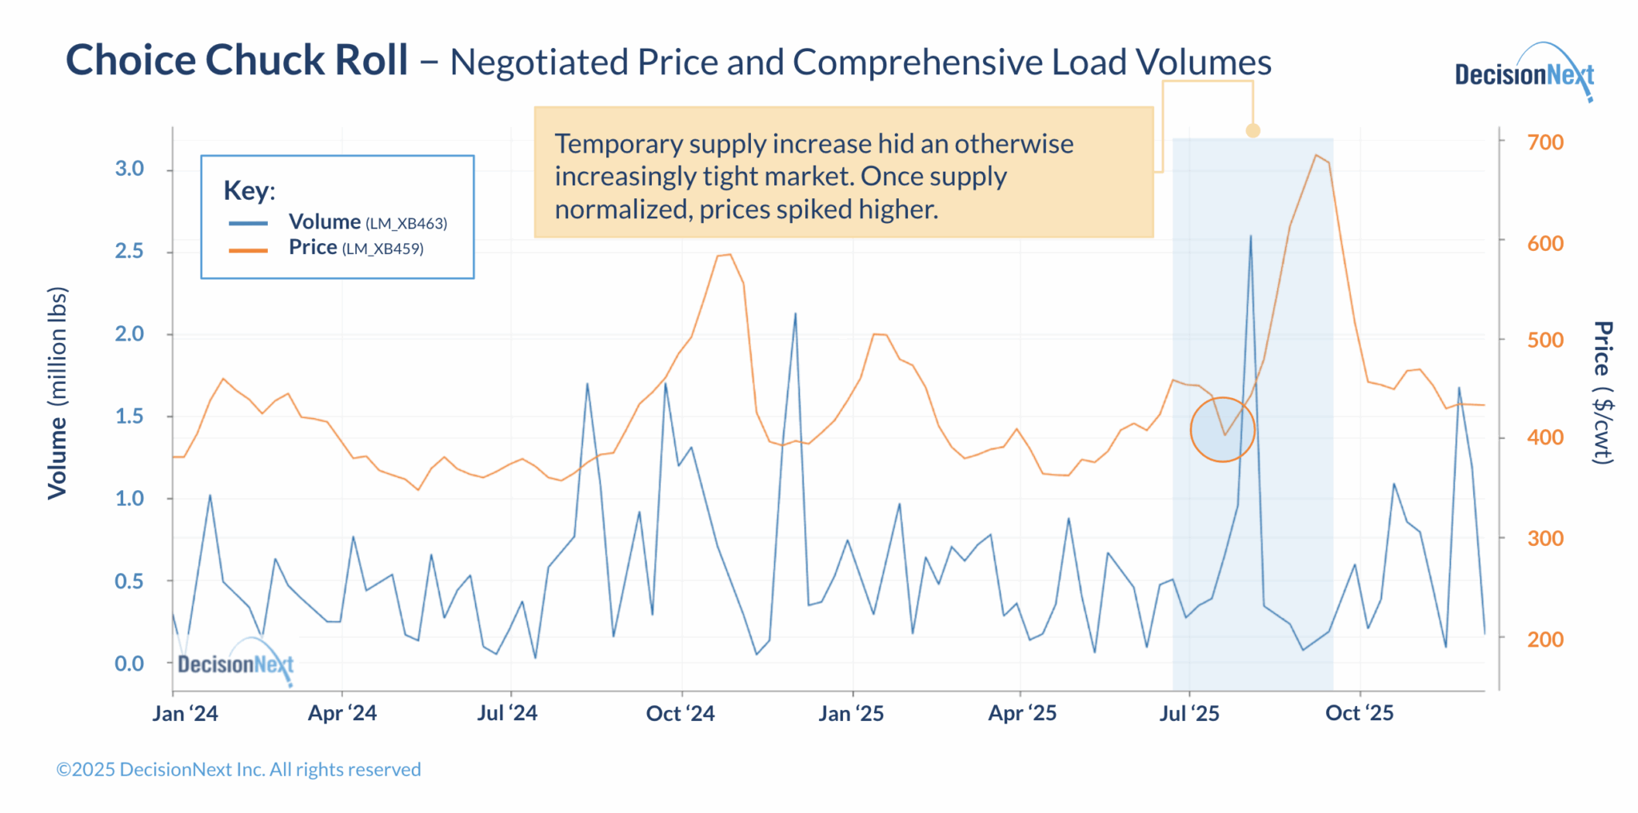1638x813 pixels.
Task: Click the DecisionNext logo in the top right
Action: [x=1523, y=74]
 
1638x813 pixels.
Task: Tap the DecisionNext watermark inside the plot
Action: [x=235, y=664]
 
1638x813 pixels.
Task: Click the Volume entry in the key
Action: [x=324, y=222]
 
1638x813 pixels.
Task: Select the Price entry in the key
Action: [x=313, y=248]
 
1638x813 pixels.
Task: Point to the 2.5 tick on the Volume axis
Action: [x=130, y=252]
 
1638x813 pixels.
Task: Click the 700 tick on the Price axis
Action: [x=1544, y=142]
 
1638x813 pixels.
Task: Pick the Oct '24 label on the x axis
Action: [x=680, y=713]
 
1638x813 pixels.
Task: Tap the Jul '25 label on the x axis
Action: [x=1189, y=713]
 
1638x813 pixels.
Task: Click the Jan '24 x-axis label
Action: [x=185, y=713]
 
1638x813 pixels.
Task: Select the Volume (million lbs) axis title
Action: [x=57, y=393]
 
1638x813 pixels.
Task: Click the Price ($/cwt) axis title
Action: [x=1603, y=393]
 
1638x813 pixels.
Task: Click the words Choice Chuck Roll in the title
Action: [x=237, y=61]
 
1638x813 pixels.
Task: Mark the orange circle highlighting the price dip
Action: [x=1222, y=429]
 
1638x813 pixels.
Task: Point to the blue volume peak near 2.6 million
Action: [x=1251, y=237]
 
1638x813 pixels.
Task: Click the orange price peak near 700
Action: [x=1316, y=155]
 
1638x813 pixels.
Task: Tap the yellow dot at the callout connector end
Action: [x=1253, y=130]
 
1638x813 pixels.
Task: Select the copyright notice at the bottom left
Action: [x=238, y=769]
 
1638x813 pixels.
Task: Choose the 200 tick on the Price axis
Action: [x=1544, y=640]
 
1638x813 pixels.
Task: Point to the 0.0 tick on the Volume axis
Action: [x=130, y=664]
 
